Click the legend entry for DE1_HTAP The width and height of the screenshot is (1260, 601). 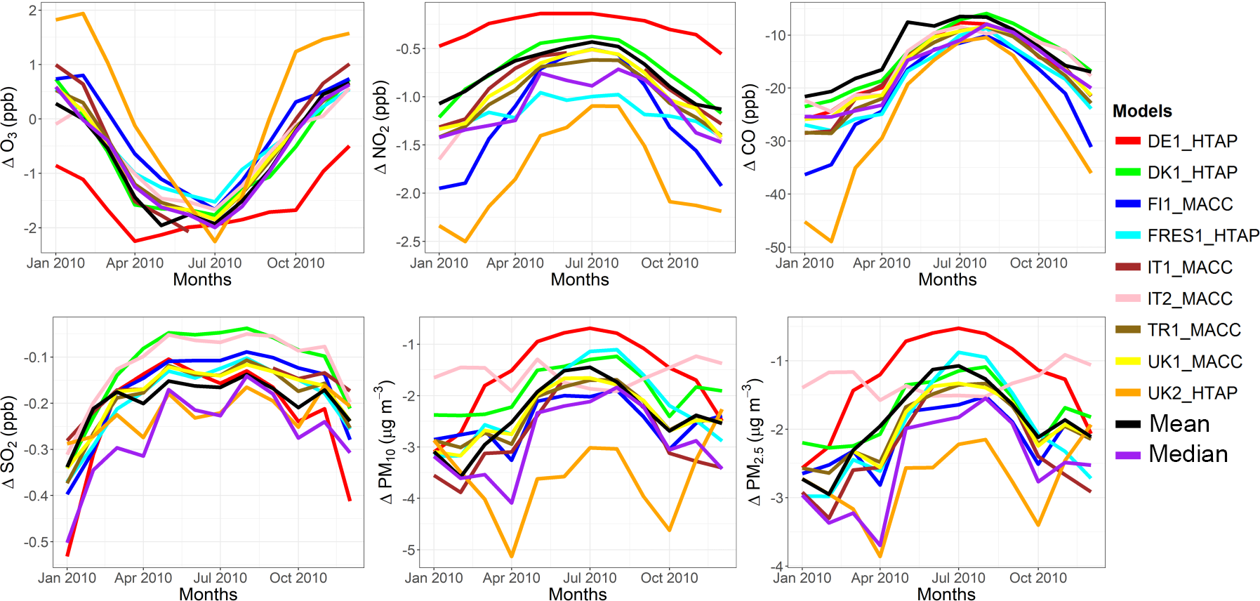pyautogui.click(x=1191, y=141)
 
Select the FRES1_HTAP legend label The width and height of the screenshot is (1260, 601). pyautogui.click(x=1202, y=236)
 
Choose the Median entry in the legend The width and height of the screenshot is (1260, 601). pyautogui.click(x=1188, y=454)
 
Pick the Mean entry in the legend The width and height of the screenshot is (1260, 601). pyautogui.click(x=1179, y=424)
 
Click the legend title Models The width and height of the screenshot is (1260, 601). pyautogui.click(x=1142, y=111)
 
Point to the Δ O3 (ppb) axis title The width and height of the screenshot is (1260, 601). pyautogui.click(x=9, y=127)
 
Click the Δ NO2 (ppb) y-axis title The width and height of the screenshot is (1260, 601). pyautogui.click(x=381, y=127)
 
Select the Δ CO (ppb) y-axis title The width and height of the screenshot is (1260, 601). pyautogui.click(x=750, y=127)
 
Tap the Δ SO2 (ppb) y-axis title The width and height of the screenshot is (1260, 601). pyautogui.click(x=9, y=442)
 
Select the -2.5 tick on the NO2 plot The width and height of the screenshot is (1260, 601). pyautogui.click(x=408, y=242)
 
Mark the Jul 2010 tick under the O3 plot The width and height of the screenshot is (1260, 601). pyautogui.click(x=215, y=263)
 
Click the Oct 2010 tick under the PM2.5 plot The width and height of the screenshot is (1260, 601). pyautogui.click(x=1037, y=578)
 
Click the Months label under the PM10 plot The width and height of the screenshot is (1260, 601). pyautogui.click(x=578, y=594)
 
